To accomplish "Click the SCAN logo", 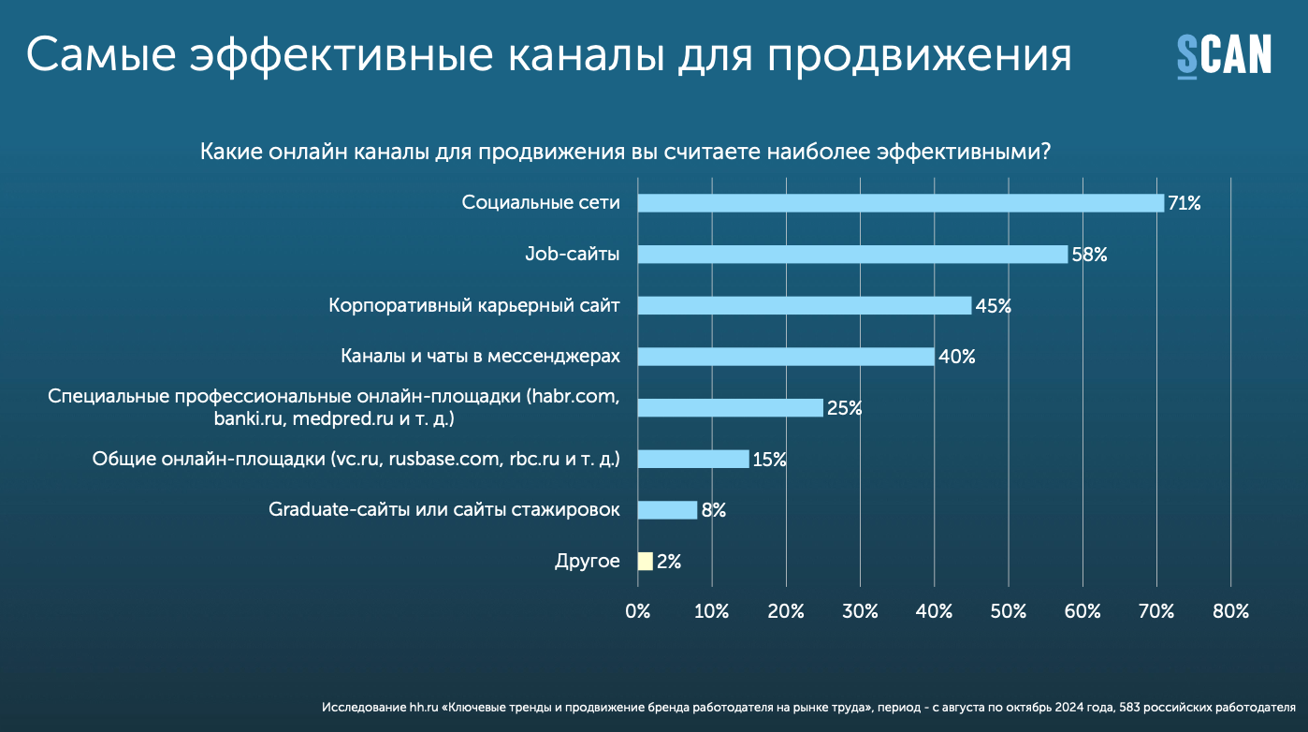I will (x=1223, y=55).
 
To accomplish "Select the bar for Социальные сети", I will (x=900, y=203).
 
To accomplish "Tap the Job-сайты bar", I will (x=852, y=255).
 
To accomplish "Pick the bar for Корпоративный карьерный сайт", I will (x=804, y=305).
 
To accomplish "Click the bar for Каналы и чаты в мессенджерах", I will (x=786, y=357).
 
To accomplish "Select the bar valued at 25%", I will (x=730, y=408).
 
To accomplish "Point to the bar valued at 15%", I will (x=693, y=459).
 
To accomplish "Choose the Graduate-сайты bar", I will (x=667, y=510).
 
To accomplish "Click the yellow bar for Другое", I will (x=645, y=562).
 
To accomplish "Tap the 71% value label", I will (x=1184, y=203).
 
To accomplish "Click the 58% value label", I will (x=1088, y=255).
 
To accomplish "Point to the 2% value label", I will (x=668, y=562).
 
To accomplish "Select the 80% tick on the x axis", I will (x=1230, y=611).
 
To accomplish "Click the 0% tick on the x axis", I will (x=637, y=611).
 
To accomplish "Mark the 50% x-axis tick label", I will (x=1008, y=611).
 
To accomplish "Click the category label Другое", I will (x=587, y=562).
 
